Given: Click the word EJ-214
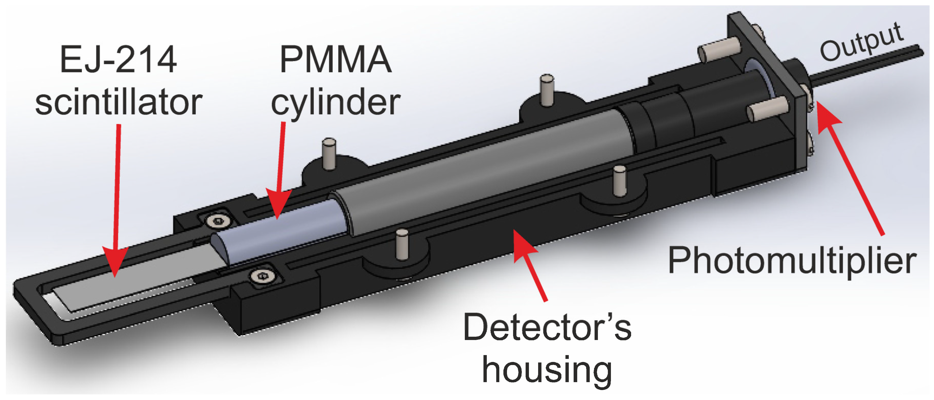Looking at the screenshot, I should click(x=118, y=60).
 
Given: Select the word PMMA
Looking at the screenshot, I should click(x=335, y=60).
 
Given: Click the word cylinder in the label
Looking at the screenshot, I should click(x=335, y=103).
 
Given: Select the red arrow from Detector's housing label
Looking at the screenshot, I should click(x=529, y=264).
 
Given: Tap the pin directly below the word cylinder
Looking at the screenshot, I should click(x=329, y=154).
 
